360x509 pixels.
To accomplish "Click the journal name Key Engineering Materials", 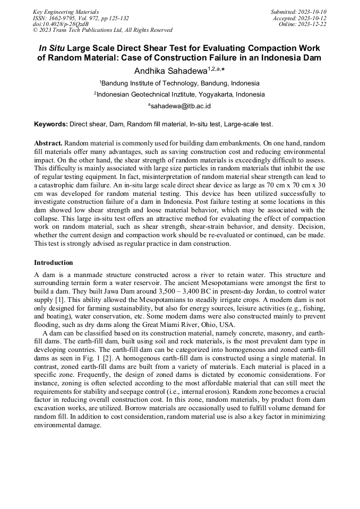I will [66, 12].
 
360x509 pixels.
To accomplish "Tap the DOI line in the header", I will [61, 24].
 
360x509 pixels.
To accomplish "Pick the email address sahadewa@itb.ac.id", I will [181, 106].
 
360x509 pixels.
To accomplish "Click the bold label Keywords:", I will [51, 124].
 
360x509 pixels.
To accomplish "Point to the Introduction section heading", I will [54, 263].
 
